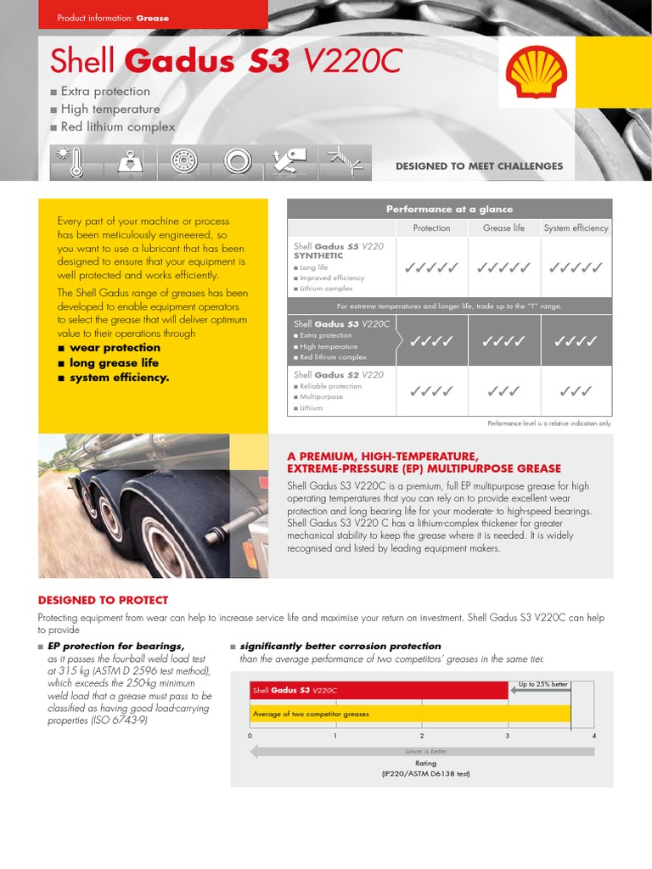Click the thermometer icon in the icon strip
click(x=76, y=162)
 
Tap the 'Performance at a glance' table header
click(x=449, y=209)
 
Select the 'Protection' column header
click(x=431, y=228)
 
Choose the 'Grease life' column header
click(x=503, y=228)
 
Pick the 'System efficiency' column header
click(x=576, y=228)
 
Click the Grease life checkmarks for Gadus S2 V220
click(x=503, y=391)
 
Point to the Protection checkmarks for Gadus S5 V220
click(x=431, y=268)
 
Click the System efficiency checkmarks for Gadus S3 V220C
click(x=576, y=341)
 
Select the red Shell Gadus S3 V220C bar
click(x=379, y=690)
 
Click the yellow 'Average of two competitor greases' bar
click(x=410, y=714)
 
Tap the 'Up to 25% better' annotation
click(x=542, y=684)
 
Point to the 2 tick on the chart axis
click(x=422, y=736)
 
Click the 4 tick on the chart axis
click(x=593, y=736)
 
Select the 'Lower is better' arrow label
click(x=425, y=751)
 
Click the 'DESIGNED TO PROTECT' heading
click(x=103, y=600)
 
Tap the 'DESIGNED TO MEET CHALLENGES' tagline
click(x=479, y=166)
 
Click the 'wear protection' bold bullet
click(x=115, y=348)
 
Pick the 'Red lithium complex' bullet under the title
click(x=117, y=127)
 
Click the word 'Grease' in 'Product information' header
click(x=153, y=18)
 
